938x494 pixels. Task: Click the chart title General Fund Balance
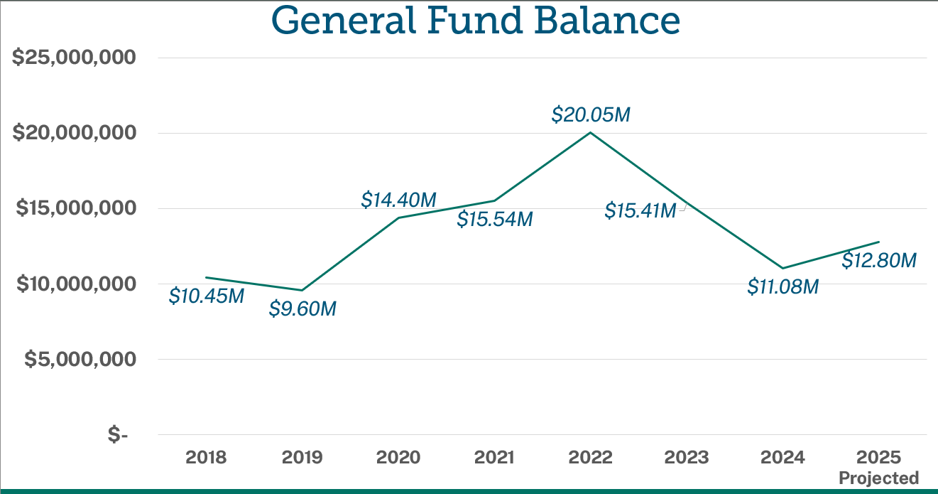tap(475, 21)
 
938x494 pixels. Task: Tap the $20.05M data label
tap(591, 114)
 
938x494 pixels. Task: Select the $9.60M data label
tap(302, 309)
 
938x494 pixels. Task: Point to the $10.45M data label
tap(206, 296)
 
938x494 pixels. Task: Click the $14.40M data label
tap(398, 200)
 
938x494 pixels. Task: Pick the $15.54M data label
tap(494, 219)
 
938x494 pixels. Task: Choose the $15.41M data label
tap(640, 210)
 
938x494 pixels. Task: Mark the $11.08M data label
tap(783, 286)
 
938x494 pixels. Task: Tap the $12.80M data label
tap(879, 261)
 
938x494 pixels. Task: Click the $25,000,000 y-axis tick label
tap(74, 58)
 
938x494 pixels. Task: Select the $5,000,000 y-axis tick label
tap(80, 359)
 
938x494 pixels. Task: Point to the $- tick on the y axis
tap(118, 434)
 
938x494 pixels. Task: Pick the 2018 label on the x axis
tap(206, 457)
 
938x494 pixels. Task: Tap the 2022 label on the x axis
tap(591, 457)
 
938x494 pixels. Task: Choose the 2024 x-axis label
tap(782, 457)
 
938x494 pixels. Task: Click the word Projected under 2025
tap(879, 477)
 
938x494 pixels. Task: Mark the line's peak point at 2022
tap(591, 132)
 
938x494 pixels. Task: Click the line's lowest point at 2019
tap(302, 290)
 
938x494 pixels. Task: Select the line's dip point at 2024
tap(782, 268)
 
